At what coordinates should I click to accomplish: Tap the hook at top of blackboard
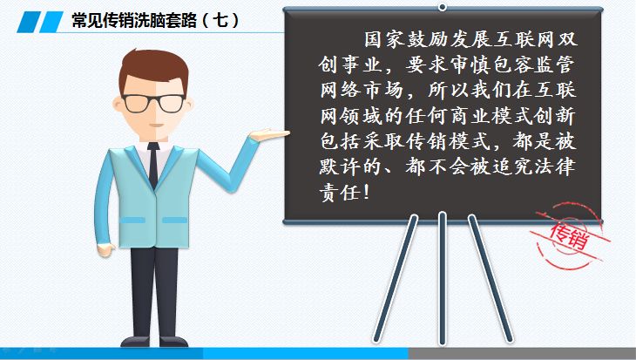[443, 6]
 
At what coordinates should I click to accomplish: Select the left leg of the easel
[396, 279]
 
